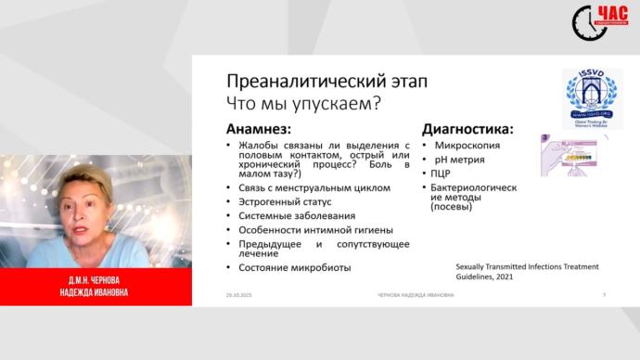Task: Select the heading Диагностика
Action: pyautogui.click(x=467, y=129)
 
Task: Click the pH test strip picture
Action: pyautogui.click(x=572, y=151)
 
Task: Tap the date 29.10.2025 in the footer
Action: pyautogui.click(x=237, y=294)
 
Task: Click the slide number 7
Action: pyautogui.click(x=604, y=294)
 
